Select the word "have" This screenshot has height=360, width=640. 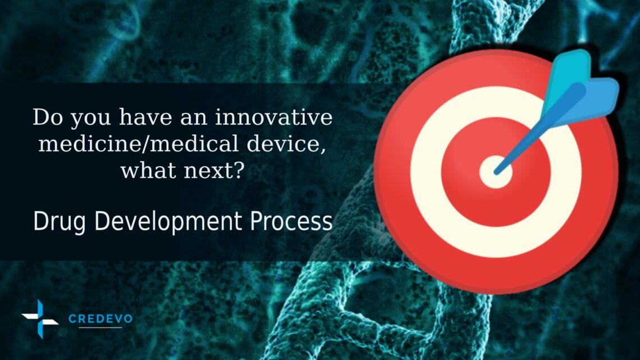pos(140,119)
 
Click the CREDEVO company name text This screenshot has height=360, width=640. pos(100,319)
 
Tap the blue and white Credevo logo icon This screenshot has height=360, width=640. pos(40,319)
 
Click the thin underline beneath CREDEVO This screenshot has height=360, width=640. pos(100,327)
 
